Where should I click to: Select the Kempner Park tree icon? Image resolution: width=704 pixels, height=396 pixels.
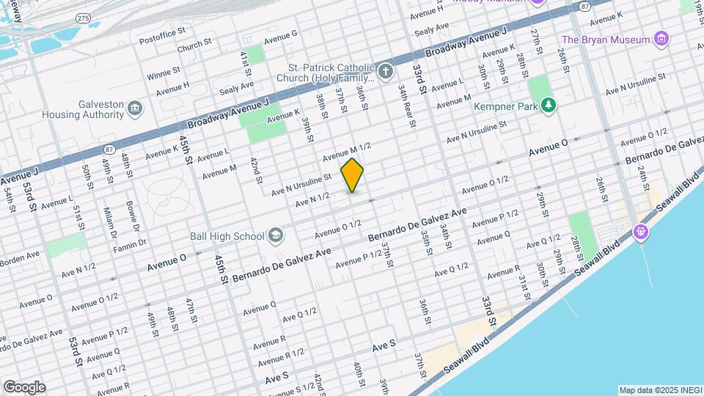(549, 107)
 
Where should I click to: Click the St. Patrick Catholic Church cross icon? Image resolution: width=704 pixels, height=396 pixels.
(386, 72)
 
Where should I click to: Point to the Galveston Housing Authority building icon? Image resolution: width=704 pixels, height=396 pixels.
(135, 109)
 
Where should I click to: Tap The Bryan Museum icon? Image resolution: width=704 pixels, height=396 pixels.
(662, 39)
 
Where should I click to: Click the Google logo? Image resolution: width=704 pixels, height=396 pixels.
(24, 387)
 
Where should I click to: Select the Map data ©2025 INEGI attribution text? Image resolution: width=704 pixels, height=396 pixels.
(659, 389)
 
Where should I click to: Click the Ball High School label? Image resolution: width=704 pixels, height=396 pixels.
(233, 236)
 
